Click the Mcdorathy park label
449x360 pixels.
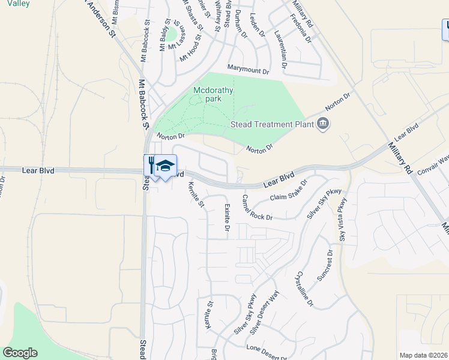pyautogui.click(x=213, y=94)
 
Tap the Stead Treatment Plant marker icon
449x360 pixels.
pyautogui.click(x=324, y=124)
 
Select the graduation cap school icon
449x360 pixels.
pyautogui.click(x=165, y=166)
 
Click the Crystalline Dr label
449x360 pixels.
pyautogui.click(x=304, y=289)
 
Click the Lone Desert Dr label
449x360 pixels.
pyautogui.click(x=268, y=347)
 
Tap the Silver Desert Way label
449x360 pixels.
pyautogui.click(x=265, y=312)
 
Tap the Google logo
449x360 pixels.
pyautogui.click(x=20, y=353)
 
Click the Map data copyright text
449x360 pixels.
pyautogui.click(x=423, y=355)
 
